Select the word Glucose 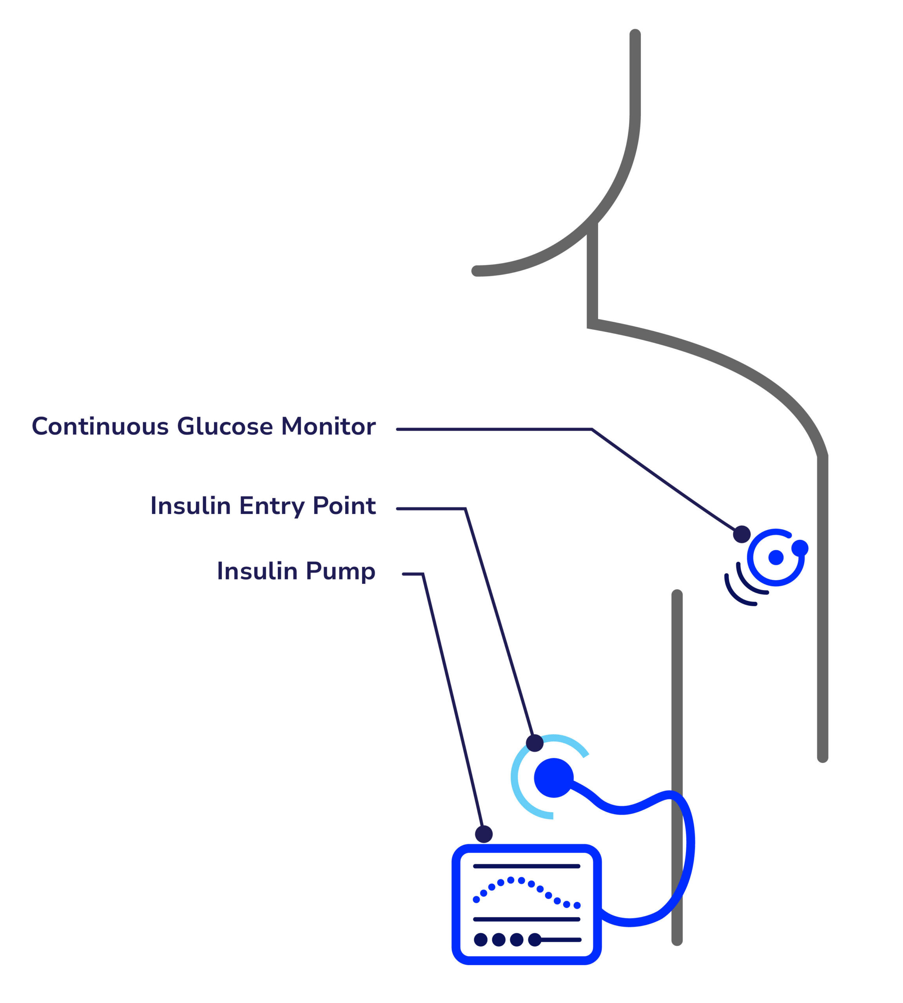coord(225,427)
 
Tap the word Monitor coord(328,427)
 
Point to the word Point coord(344,506)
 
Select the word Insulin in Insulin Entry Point coord(190,506)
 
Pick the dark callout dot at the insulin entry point coord(534,743)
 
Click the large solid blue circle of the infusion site coord(554,777)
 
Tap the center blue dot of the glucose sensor coord(776,558)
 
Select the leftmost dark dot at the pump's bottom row coord(480,939)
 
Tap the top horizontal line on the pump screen coord(526,866)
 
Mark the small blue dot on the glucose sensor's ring coord(800,548)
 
